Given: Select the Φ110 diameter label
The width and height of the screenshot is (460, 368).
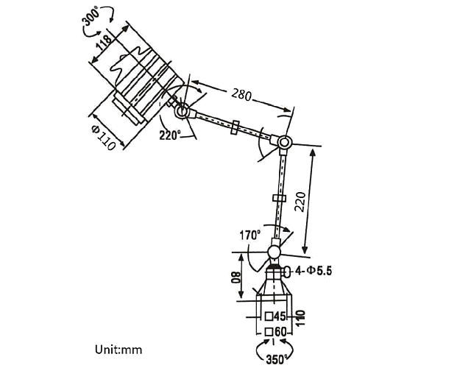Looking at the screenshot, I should point(104,137).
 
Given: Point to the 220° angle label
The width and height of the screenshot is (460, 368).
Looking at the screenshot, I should point(171,135).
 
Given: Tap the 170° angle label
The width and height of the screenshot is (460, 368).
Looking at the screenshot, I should point(250,236).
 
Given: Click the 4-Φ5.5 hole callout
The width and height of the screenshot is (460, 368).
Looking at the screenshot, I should point(314,271).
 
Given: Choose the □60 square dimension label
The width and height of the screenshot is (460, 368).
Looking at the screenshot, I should point(275,331).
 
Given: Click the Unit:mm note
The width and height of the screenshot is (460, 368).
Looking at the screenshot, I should point(118,349).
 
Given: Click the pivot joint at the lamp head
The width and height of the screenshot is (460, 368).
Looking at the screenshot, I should point(180,110).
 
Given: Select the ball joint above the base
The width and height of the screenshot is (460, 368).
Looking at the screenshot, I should point(274,252).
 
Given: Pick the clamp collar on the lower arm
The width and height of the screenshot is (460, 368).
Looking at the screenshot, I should point(278,199).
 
